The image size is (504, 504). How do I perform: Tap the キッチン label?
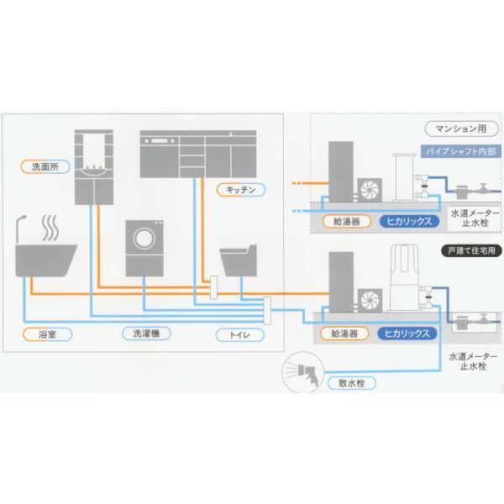pyautogui.click(x=240, y=190)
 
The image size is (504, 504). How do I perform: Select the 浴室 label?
pyautogui.click(x=46, y=333)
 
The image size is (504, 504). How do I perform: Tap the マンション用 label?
pyautogui.click(x=459, y=129)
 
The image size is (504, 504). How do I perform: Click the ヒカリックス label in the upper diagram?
pyautogui.click(x=408, y=222)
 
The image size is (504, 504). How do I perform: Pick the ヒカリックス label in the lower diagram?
pyautogui.click(x=408, y=333)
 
